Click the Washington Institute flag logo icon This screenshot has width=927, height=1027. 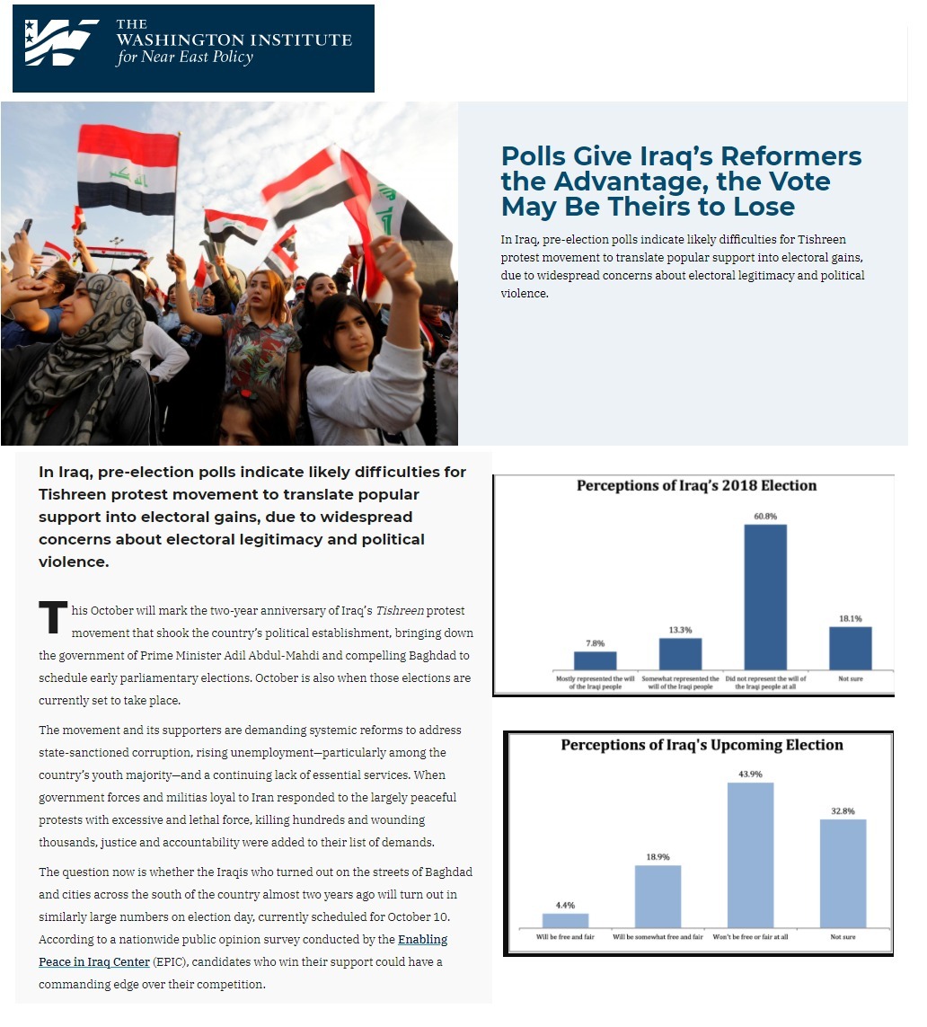click(x=60, y=43)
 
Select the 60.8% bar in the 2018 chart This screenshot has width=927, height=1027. click(x=765, y=597)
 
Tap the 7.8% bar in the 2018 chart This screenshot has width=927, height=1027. click(x=596, y=660)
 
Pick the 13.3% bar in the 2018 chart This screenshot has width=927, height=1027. click(x=680, y=653)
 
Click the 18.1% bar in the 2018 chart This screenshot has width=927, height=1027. click(x=850, y=648)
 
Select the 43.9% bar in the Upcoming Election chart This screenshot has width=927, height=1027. click(x=750, y=854)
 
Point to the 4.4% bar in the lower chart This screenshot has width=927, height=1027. click(x=565, y=920)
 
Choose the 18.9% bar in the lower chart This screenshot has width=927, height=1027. click(x=658, y=896)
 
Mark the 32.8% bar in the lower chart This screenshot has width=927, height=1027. click(x=843, y=872)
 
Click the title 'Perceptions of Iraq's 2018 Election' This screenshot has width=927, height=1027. click(x=696, y=486)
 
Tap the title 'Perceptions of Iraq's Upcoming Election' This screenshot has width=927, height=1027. click(x=702, y=745)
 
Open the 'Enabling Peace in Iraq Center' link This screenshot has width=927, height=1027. click(x=422, y=940)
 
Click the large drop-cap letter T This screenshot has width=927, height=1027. click(x=53, y=617)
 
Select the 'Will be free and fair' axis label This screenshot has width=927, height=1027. click(x=566, y=936)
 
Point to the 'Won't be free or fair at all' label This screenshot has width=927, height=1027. click(x=750, y=936)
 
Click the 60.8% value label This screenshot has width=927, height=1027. click(x=765, y=515)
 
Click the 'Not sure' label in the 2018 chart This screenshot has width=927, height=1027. click(x=850, y=678)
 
